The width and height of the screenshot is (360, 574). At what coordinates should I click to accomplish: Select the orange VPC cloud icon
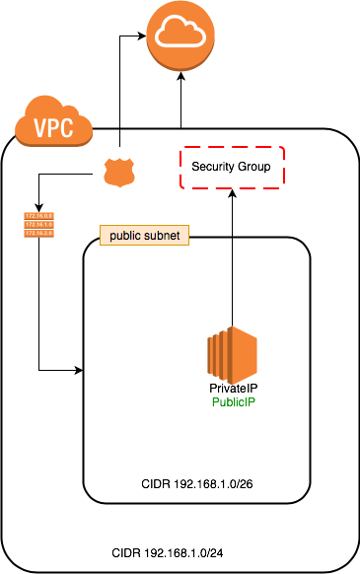53,122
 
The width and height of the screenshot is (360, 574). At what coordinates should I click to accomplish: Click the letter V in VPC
40,128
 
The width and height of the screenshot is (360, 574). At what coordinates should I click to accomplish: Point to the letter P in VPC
54,128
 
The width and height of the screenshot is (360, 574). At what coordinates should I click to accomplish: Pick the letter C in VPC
68,128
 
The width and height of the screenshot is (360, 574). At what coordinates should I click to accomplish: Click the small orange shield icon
118,173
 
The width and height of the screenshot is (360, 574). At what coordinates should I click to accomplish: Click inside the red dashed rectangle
232,167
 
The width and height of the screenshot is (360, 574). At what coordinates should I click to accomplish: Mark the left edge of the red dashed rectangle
180,167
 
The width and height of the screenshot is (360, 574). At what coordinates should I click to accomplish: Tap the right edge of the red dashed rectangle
284,167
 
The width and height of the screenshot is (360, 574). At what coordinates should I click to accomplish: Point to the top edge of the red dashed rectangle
232,147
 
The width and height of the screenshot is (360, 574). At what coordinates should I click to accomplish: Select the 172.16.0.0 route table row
38,215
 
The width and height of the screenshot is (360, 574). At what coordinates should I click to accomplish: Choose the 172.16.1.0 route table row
38,224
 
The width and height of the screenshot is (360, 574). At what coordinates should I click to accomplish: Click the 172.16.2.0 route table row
38,234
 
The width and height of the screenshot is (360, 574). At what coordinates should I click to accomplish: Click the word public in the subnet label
126,236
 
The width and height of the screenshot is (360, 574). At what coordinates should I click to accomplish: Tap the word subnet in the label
162,236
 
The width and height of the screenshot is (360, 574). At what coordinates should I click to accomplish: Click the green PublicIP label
234,402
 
